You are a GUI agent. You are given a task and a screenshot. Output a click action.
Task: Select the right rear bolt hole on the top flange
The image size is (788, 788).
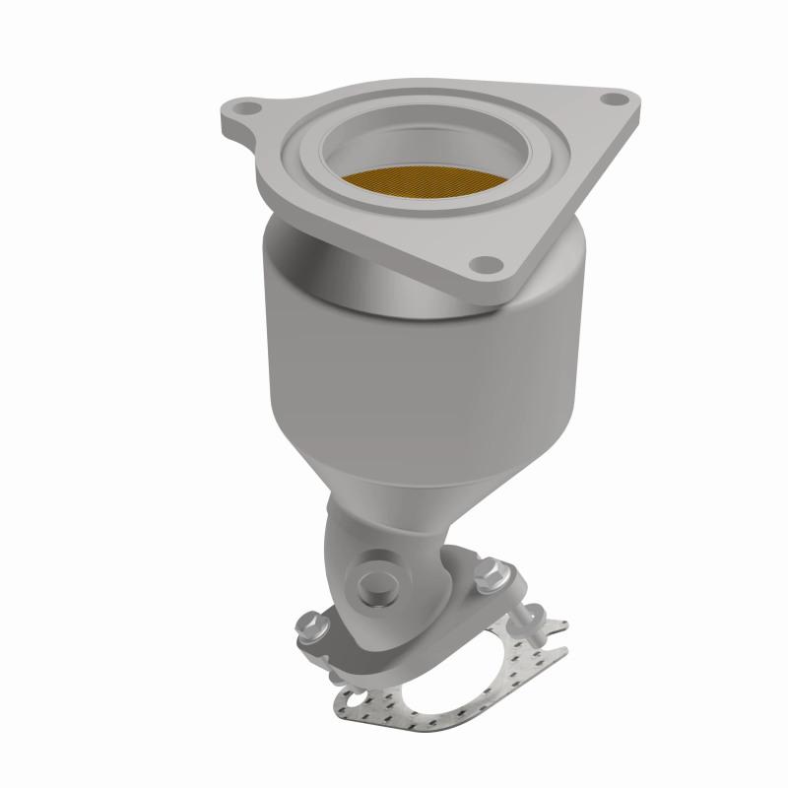[x=616, y=98]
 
